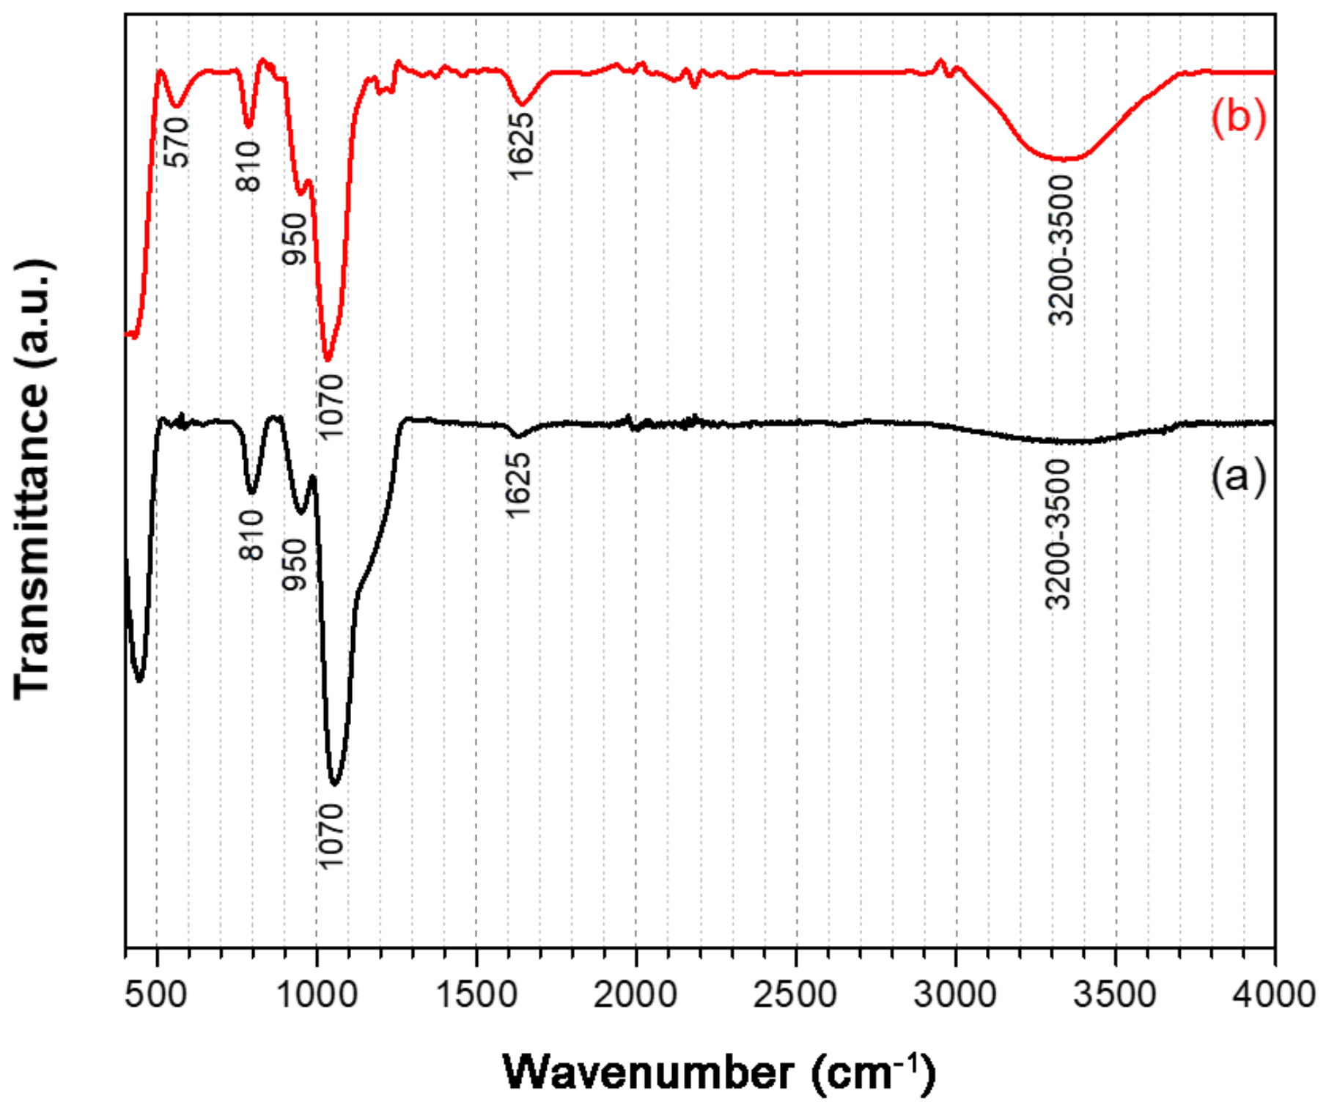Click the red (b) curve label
point(1238,117)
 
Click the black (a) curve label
point(1238,476)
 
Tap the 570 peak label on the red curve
point(177,142)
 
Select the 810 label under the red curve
point(249,166)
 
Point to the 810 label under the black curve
point(251,536)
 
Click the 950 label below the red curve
point(295,239)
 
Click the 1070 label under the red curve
point(331,405)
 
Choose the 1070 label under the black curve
point(331,835)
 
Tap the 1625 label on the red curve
point(520,147)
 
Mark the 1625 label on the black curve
point(518,485)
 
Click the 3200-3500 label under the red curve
point(1061,250)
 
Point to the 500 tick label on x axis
point(157,995)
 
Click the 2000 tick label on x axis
point(636,995)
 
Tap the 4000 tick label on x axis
point(1274,995)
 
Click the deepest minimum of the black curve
point(335,784)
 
